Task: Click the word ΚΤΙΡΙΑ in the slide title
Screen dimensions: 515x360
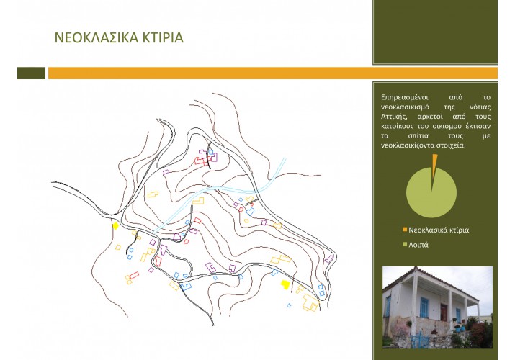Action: coord(163,37)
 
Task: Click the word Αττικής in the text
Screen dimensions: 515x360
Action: coord(393,117)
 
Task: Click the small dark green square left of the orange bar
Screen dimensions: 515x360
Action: coord(31,73)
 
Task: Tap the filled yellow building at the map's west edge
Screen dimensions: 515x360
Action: coord(115,226)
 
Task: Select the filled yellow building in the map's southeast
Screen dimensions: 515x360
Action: coord(285,284)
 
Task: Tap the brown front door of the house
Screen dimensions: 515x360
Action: coord(444,312)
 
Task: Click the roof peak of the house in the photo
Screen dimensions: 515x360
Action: coord(416,268)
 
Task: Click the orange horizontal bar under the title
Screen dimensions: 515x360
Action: coord(273,73)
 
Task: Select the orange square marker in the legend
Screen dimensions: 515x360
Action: coord(405,230)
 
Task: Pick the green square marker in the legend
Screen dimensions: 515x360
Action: coord(405,244)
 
